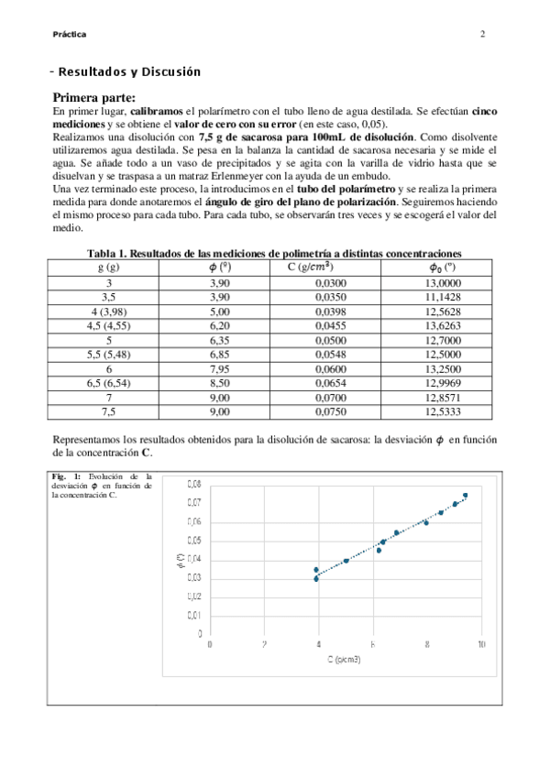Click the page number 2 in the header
(x=482, y=35)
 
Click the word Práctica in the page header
(x=70, y=35)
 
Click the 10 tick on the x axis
(x=480, y=645)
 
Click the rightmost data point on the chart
(x=466, y=496)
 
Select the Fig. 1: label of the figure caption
(x=66, y=476)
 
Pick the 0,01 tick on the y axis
(x=194, y=615)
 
